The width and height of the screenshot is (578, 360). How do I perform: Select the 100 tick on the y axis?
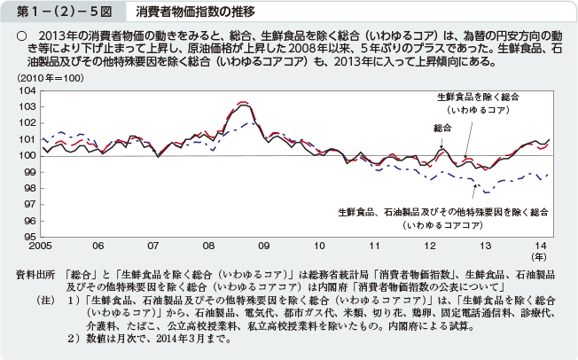tap(26, 155)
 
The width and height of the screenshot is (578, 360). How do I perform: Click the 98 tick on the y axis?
tap(28, 188)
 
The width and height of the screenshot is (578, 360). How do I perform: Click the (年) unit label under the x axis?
tap(540, 256)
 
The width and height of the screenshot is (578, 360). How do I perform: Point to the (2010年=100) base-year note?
tap(49, 80)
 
